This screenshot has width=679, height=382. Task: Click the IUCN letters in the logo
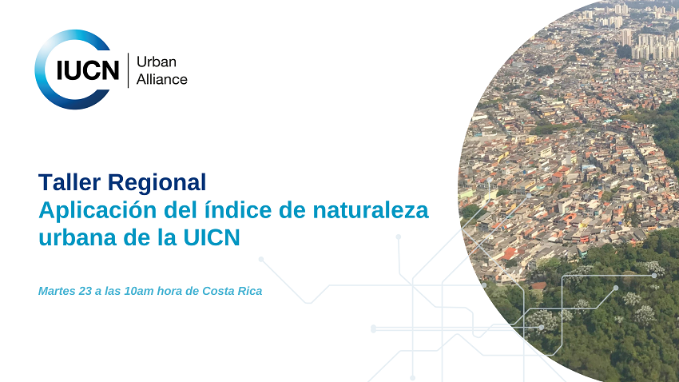coord(87,71)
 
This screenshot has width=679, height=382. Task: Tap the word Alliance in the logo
coord(162,79)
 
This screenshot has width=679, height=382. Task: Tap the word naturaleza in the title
coord(375,211)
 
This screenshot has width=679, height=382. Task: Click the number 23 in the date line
coord(85,291)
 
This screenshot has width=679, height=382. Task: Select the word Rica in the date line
coord(250,291)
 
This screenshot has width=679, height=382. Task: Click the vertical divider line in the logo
coord(128,70)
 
